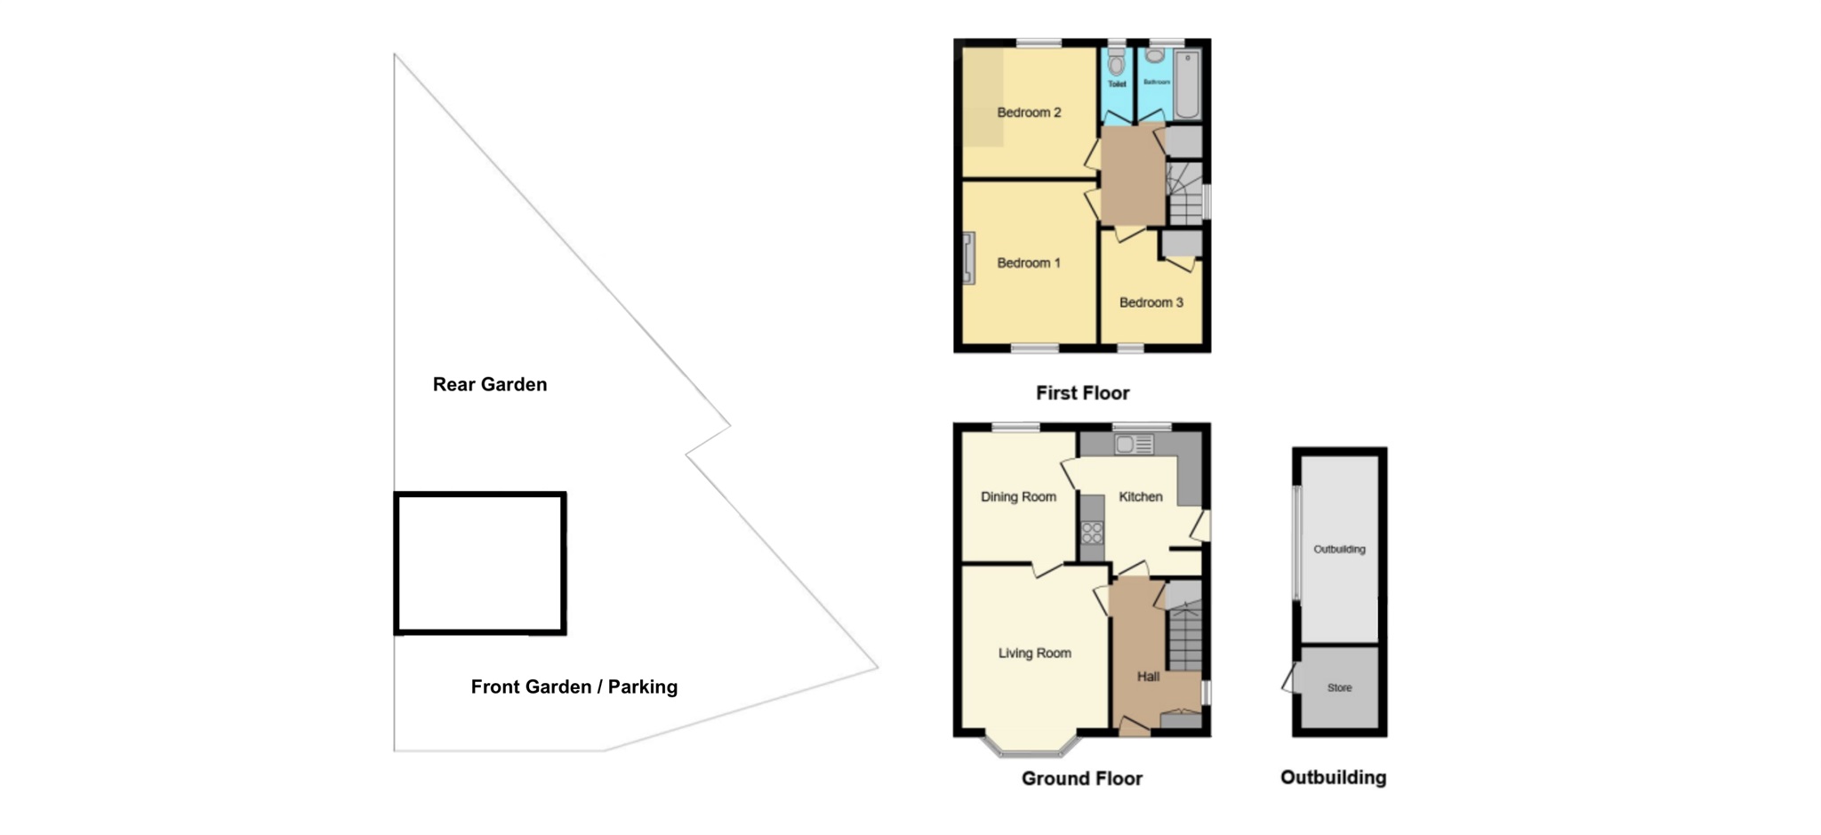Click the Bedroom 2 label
coord(1029,113)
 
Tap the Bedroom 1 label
coord(1029,263)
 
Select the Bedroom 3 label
coord(1151,302)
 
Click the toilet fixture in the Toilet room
coord(1117,64)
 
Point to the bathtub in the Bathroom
coord(1187,85)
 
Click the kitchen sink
coord(1134,444)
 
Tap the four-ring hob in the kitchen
coord(1092,533)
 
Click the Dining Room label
coord(1018,497)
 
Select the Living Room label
coord(1034,654)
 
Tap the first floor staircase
coord(1184,196)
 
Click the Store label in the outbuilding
coord(1339,688)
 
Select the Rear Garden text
coord(490,384)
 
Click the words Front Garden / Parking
coord(574,686)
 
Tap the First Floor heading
coord(1082,393)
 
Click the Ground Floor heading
coord(1081,779)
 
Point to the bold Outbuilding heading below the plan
coord(1333,778)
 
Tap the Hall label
coord(1148,677)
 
